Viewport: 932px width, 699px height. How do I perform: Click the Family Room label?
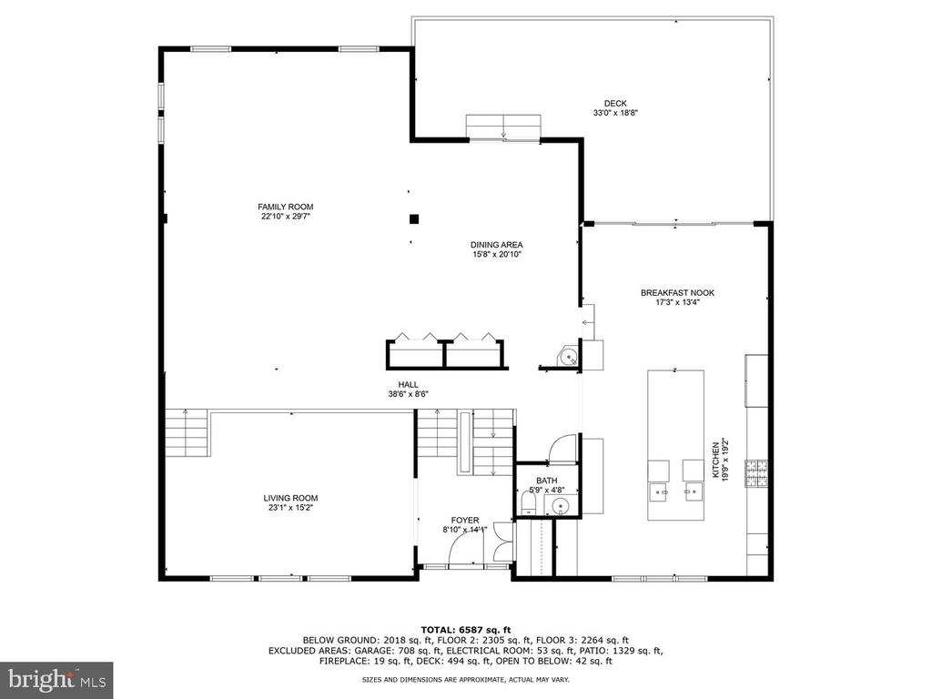(x=285, y=207)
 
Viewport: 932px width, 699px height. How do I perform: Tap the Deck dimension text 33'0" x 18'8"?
(x=615, y=112)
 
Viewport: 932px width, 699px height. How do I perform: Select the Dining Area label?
(x=496, y=245)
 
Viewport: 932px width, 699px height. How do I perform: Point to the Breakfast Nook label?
(x=677, y=293)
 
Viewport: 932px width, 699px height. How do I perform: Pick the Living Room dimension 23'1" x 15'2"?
(x=290, y=508)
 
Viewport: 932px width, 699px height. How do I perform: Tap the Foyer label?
(x=465, y=520)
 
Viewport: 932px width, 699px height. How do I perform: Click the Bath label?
(x=547, y=481)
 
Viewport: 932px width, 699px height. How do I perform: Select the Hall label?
(x=409, y=385)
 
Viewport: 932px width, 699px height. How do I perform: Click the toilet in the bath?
(x=528, y=506)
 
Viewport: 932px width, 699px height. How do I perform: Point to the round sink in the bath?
(x=561, y=506)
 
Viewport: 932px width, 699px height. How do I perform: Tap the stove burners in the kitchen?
(x=756, y=473)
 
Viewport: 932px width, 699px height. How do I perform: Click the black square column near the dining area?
(x=414, y=218)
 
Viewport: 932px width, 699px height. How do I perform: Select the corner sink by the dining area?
(x=568, y=357)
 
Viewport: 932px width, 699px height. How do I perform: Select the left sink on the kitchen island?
(x=659, y=491)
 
